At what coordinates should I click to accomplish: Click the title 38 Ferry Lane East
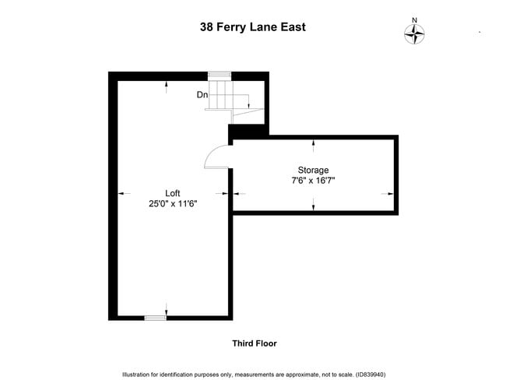[x=252, y=26]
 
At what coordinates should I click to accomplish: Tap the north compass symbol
[x=415, y=33]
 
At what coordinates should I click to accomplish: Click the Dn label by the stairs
[x=202, y=95]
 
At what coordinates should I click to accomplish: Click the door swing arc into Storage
[x=213, y=157]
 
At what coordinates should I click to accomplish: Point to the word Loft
[x=173, y=193]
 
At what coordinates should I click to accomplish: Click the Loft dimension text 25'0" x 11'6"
[x=173, y=204]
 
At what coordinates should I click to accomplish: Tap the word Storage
[x=313, y=170]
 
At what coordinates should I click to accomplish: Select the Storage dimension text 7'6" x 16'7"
[x=313, y=181]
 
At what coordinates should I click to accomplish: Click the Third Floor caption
[x=254, y=343]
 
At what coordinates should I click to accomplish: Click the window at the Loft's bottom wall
[x=156, y=318]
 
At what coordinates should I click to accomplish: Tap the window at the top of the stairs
[x=220, y=75]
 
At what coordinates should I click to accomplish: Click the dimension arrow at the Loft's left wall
[x=121, y=193]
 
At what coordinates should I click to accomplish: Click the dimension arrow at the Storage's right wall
[x=387, y=193]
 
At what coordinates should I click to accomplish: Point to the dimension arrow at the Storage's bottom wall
[x=313, y=205]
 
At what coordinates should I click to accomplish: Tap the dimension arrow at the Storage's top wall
[x=313, y=143]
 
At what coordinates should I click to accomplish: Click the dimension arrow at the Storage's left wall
[x=238, y=193]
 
